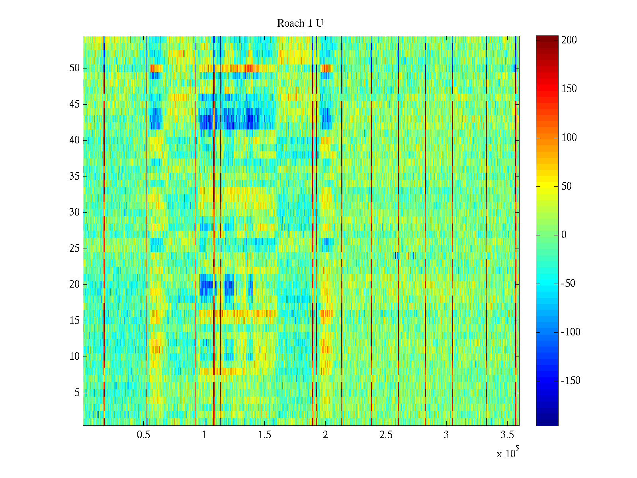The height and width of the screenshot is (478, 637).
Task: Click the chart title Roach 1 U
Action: click(x=300, y=24)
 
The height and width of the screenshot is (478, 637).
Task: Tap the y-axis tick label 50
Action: click(x=74, y=68)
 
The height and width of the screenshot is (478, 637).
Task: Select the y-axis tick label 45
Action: click(x=74, y=104)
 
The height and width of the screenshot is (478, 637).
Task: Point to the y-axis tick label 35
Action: click(x=74, y=176)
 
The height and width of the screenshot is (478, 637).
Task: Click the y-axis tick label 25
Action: click(x=74, y=249)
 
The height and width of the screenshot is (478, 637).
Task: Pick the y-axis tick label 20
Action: click(x=74, y=284)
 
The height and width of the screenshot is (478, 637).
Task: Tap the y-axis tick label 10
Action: click(x=74, y=357)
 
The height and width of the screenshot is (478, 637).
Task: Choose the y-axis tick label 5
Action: click(x=77, y=393)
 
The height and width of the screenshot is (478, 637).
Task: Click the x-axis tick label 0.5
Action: click(x=143, y=435)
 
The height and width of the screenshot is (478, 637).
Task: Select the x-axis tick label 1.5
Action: click(x=265, y=435)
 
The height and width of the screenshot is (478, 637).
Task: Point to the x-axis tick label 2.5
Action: click(x=386, y=435)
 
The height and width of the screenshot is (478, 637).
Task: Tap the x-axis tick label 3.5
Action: click(x=507, y=435)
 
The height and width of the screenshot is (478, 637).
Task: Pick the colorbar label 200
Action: click(x=569, y=40)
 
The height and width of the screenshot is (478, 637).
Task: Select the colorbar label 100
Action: click(x=569, y=138)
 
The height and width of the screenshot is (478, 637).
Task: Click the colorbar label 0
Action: click(x=564, y=235)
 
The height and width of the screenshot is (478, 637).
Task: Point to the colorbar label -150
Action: click(x=571, y=381)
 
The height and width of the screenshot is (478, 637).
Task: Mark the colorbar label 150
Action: click(x=569, y=89)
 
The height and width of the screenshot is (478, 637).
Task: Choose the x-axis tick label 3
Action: click(x=446, y=435)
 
